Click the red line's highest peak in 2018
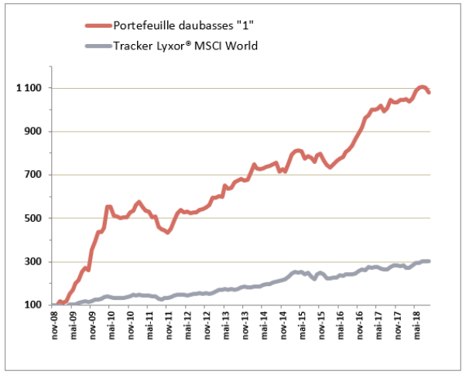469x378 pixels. [x=422, y=87]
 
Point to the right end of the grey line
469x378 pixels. [x=430, y=261]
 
